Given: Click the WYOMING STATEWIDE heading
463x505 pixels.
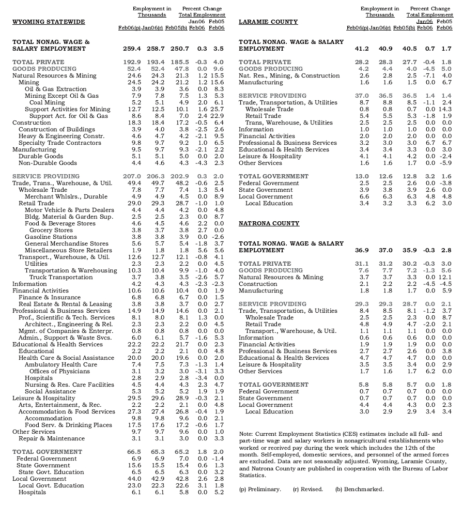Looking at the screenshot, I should [x=48, y=22].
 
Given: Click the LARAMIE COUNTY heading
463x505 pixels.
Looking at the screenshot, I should [x=268, y=22].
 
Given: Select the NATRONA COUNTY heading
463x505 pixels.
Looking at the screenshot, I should [x=269, y=223].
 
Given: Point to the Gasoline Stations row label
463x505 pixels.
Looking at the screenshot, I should [x=51, y=237].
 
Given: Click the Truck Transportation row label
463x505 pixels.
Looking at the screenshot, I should [x=61, y=277].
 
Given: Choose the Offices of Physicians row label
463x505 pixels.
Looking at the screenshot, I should [x=60, y=371].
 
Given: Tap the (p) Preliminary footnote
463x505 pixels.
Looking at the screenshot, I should [x=260, y=489].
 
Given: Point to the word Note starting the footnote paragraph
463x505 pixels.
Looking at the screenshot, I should [x=246, y=433].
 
